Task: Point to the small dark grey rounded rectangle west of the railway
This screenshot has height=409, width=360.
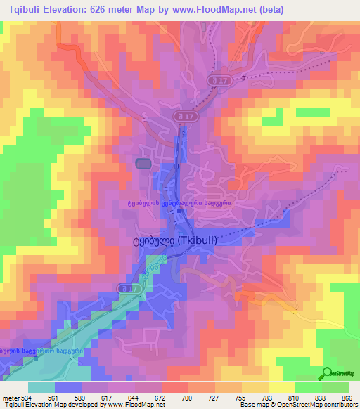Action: pyautogui.click(x=143, y=164)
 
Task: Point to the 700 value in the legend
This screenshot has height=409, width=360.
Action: pyautogui.click(x=186, y=397)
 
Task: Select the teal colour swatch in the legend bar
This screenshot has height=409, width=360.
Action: pyautogui.click(x=41, y=387)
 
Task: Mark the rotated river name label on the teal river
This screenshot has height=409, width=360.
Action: pyautogui.click(x=145, y=278)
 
